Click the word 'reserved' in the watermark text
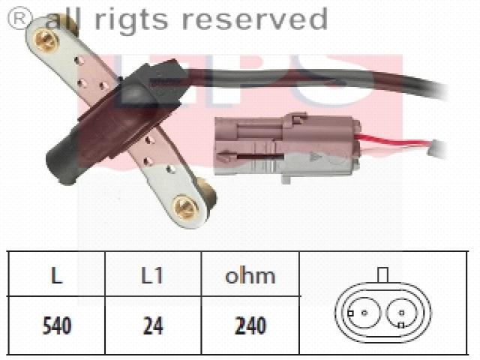tap(255, 19)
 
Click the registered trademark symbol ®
tap(20, 18)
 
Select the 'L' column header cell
tap(56, 274)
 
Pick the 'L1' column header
tap(151, 275)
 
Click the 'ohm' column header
tap(250, 275)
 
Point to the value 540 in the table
tap(57, 325)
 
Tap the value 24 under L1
tap(153, 325)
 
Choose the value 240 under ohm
tap(250, 325)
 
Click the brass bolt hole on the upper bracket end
tap(46, 40)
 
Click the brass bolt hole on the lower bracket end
tap(186, 208)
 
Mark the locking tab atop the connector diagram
tap(383, 274)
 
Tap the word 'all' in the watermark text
tap(64, 18)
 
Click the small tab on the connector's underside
tap(286, 179)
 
